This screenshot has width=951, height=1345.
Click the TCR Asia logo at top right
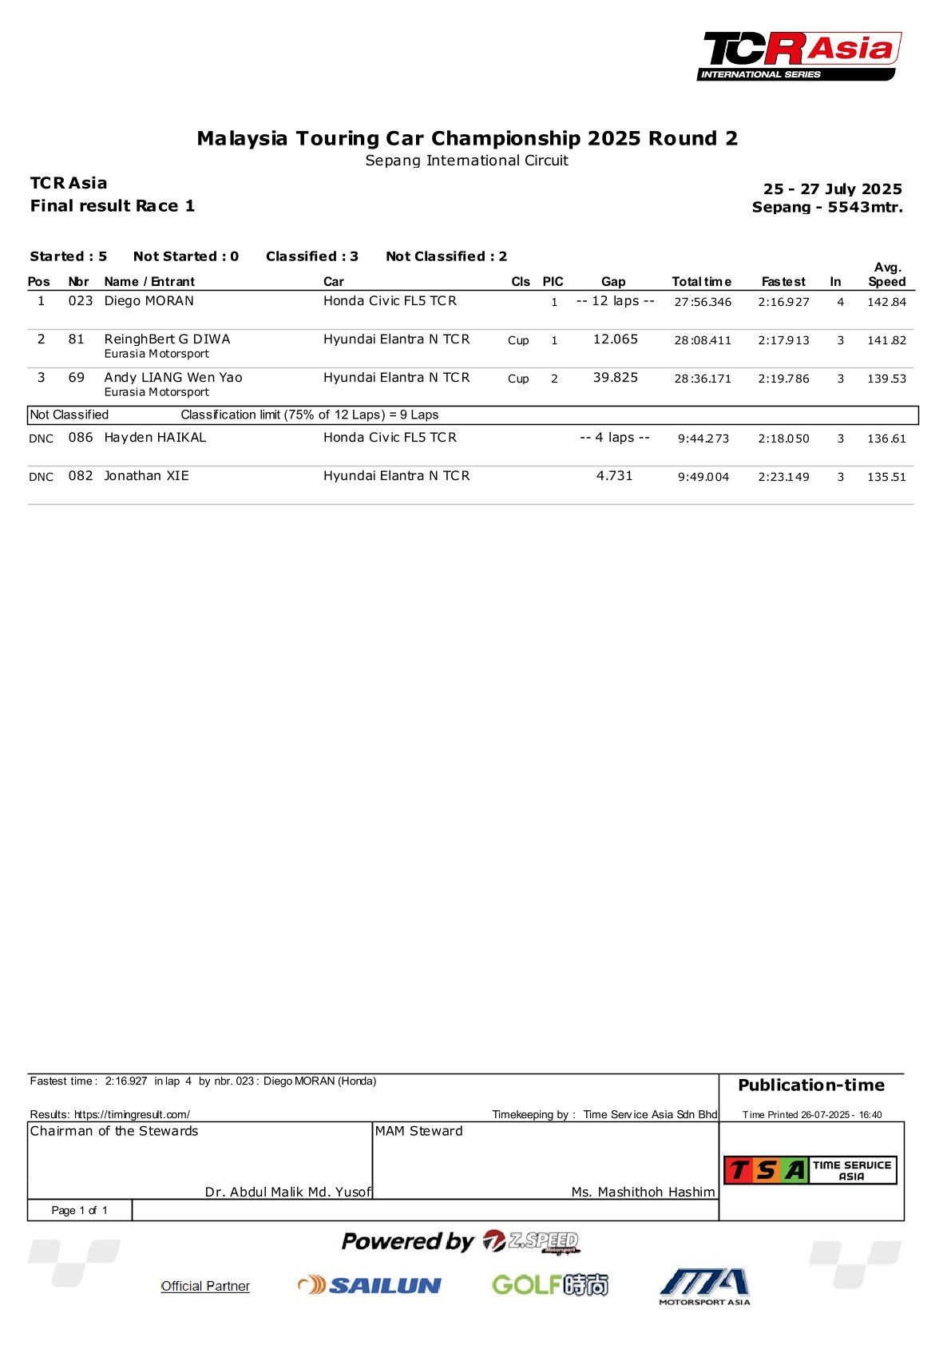(800, 56)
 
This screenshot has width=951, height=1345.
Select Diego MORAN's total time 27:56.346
(702, 302)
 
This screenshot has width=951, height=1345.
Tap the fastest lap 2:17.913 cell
(783, 340)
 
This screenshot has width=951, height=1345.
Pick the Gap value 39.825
(615, 378)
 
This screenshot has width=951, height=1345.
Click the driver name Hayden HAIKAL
(155, 438)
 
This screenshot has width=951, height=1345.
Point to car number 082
(80, 476)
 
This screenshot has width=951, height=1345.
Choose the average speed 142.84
(886, 302)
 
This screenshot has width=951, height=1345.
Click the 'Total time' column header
(701, 282)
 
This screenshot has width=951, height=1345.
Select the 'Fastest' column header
(783, 282)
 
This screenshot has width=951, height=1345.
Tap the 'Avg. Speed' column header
(886, 275)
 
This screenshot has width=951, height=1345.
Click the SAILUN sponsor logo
(370, 1285)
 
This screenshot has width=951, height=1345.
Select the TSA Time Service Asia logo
(810, 1170)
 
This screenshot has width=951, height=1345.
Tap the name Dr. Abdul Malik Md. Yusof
(287, 1192)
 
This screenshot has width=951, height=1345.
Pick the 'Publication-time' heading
(810, 1085)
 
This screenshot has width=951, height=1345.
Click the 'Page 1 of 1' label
(79, 1211)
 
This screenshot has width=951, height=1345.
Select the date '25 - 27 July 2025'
(832, 189)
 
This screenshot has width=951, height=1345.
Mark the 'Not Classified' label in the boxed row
(69, 415)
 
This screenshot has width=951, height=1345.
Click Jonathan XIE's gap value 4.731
(614, 476)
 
